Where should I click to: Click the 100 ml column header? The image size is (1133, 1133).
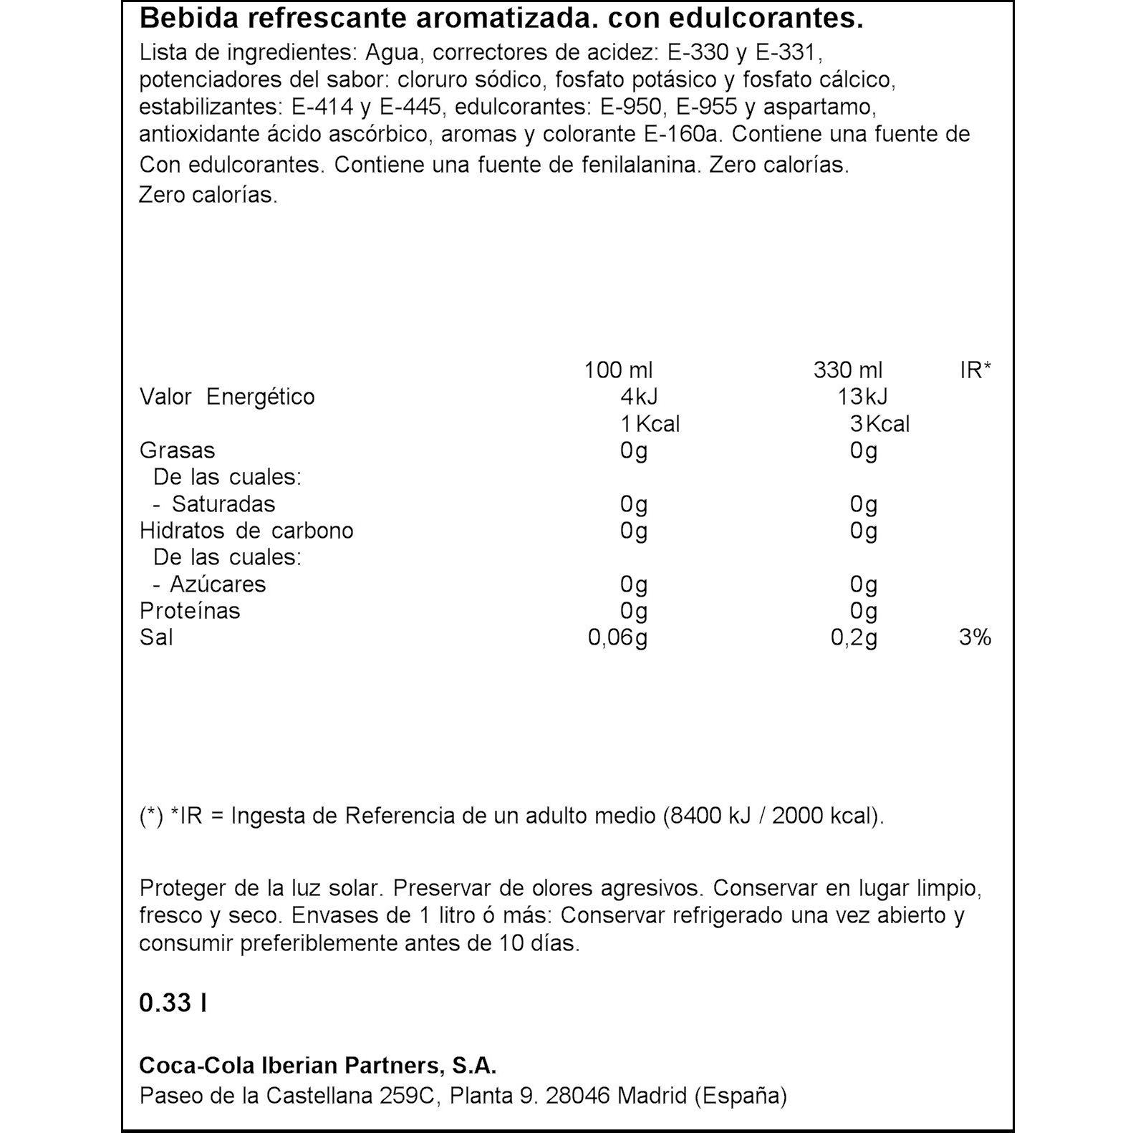(x=618, y=370)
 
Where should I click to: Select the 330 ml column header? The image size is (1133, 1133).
(x=848, y=370)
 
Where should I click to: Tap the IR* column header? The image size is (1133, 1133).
(x=975, y=370)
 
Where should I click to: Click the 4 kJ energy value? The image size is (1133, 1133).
(x=639, y=397)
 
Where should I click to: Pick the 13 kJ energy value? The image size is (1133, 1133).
(x=863, y=397)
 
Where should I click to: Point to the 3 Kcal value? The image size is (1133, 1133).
(x=879, y=424)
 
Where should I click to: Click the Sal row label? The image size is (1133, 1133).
(x=156, y=637)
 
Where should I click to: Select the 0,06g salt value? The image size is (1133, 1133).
(x=617, y=637)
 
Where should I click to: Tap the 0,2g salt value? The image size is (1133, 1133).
(x=854, y=637)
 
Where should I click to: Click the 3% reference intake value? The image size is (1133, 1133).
(x=975, y=637)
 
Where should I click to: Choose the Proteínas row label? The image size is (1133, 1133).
(x=190, y=611)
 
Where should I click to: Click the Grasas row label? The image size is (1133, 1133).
(x=177, y=450)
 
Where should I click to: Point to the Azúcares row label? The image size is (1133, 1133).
(x=218, y=584)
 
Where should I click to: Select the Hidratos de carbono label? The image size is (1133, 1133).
(x=246, y=531)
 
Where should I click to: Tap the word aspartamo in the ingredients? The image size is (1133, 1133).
(x=819, y=107)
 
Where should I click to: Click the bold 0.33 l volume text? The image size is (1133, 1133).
(x=173, y=1003)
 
